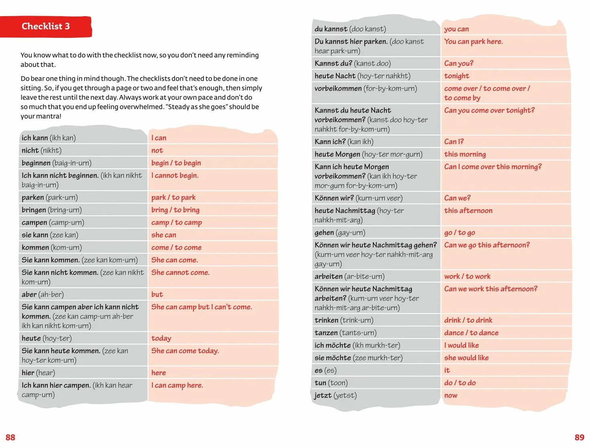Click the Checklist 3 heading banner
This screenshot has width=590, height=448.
pos(46,27)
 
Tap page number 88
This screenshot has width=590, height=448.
pos(10,437)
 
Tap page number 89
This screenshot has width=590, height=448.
pos(579,437)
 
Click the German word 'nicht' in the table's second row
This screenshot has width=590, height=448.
pos(30,150)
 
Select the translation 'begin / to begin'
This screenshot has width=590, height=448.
pos(176,163)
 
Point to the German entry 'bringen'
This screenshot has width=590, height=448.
pos(34,210)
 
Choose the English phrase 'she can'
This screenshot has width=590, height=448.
pos(164,235)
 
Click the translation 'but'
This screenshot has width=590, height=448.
pos(157,295)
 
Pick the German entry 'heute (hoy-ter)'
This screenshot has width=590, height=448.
pos(47,338)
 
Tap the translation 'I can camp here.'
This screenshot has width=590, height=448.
pos(177,385)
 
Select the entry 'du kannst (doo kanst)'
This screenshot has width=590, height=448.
pos(350,29)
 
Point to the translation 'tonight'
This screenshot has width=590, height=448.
pos(457,76)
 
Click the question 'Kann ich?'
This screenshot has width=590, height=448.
pos(330,141)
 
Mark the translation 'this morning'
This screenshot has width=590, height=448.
pos(465,154)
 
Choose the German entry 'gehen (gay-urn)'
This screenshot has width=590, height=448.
pos(340,233)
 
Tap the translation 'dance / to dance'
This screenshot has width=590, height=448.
pos(471,333)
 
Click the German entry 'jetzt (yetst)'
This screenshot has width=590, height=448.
pos(336,395)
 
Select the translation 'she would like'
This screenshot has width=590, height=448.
pos(466,358)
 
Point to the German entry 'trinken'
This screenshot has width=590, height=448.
pos(327,320)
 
